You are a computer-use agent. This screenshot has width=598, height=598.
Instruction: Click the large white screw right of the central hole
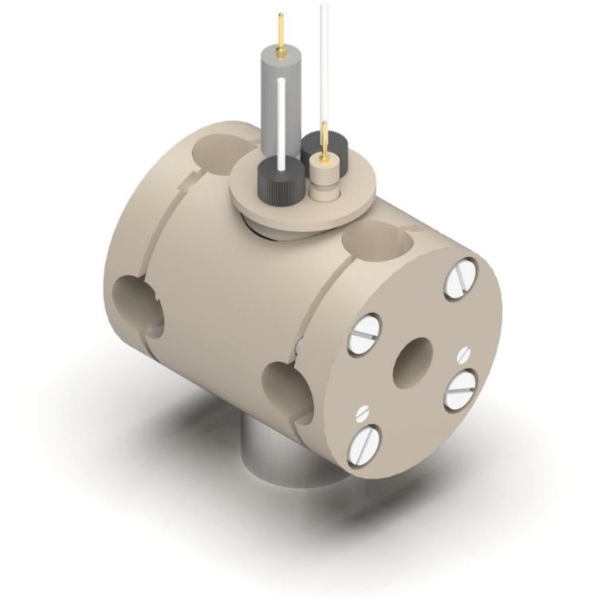coord(460,391)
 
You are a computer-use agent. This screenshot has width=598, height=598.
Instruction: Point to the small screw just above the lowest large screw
coord(363,413)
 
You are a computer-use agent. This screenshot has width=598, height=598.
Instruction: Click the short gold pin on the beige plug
coord(324,141)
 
